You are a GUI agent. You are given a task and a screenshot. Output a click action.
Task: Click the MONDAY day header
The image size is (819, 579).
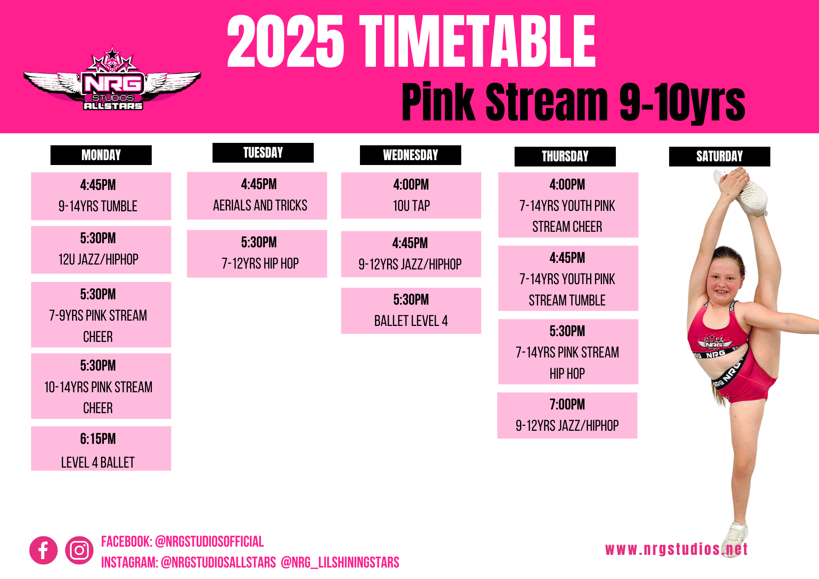[x=101, y=155]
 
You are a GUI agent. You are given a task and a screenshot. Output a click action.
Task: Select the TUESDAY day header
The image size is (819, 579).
[x=263, y=153]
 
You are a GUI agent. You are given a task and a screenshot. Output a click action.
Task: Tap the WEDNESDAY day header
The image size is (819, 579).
[x=410, y=155]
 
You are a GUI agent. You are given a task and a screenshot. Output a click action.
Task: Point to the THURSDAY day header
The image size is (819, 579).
[x=565, y=156]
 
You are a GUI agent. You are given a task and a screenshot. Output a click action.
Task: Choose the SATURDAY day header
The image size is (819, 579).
[x=719, y=156]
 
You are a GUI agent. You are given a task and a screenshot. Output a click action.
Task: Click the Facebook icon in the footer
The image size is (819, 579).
[x=43, y=550]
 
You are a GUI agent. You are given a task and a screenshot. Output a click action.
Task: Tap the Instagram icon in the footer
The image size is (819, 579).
[x=79, y=550]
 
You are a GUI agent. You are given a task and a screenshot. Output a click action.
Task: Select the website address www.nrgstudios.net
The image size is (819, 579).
[x=676, y=549]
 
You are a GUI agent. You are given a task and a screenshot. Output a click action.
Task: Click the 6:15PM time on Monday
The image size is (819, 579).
[x=98, y=439]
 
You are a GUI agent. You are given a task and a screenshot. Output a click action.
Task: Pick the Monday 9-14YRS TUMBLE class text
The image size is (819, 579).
[x=98, y=206]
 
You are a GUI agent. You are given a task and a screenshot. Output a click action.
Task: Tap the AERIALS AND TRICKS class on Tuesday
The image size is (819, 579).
[x=260, y=205]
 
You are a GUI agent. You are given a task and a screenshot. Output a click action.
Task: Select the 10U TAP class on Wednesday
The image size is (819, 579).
[x=412, y=206]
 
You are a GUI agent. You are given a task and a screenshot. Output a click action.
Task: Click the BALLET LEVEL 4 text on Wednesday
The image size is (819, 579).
[x=411, y=321]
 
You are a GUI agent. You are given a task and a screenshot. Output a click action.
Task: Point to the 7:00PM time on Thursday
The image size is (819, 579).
[x=567, y=405]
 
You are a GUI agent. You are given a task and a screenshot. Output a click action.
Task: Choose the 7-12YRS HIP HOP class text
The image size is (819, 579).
[x=260, y=263]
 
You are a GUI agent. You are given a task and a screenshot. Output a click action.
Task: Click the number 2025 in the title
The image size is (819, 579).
[x=285, y=41]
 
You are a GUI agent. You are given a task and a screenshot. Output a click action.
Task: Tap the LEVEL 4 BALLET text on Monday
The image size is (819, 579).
[x=98, y=462]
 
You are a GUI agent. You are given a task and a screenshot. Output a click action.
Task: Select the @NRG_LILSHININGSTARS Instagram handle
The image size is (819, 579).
[x=340, y=563]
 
